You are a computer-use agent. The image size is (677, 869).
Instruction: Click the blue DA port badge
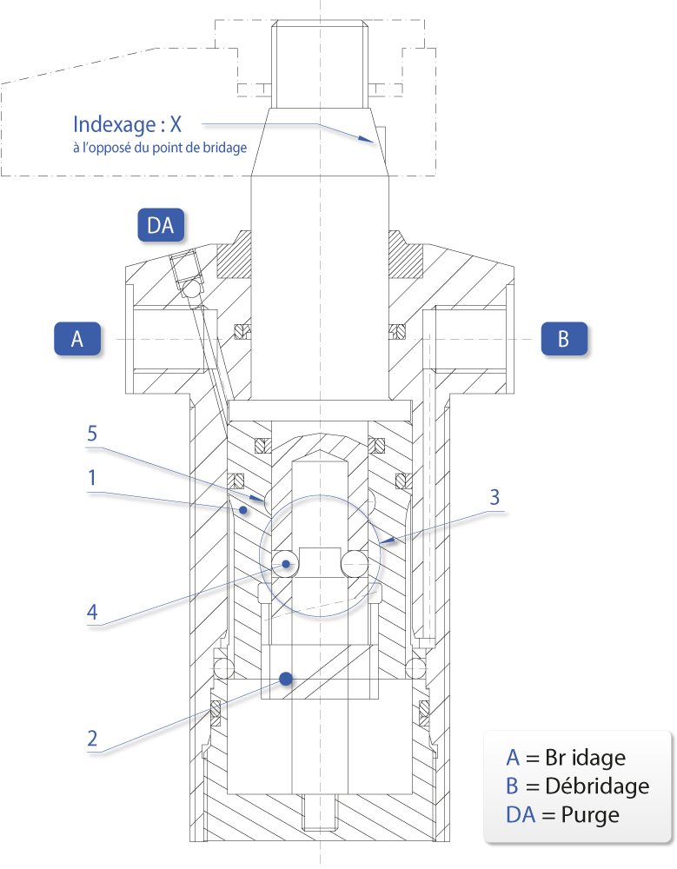click(161, 225)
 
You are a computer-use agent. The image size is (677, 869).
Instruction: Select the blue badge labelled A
click(77, 338)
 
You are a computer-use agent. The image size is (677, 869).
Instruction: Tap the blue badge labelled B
click(564, 338)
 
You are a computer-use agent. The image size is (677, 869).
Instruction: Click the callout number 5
click(92, 434)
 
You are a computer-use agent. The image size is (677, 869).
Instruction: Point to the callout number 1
click(92, 478)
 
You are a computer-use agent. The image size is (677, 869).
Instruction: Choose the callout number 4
click(92, 612)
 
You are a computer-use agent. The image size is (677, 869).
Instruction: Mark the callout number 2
click(92, 738)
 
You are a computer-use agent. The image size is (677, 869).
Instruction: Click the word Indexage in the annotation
click(115, 124)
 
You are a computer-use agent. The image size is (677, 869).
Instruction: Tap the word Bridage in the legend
click(586, 758)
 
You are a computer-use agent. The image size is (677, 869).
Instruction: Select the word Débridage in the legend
click(597, 786)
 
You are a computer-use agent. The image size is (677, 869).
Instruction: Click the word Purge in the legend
click(590, 815)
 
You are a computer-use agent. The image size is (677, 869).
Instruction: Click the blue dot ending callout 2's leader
click(286, 679)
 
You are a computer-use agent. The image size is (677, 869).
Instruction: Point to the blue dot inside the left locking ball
click(286, 564)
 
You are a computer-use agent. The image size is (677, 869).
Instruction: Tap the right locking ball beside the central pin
click(355, 564)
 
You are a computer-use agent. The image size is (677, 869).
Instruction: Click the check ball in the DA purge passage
click(193, 289)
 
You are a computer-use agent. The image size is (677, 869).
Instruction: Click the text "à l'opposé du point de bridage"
click(160, 148)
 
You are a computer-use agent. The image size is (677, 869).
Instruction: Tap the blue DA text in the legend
click(521, 815)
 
